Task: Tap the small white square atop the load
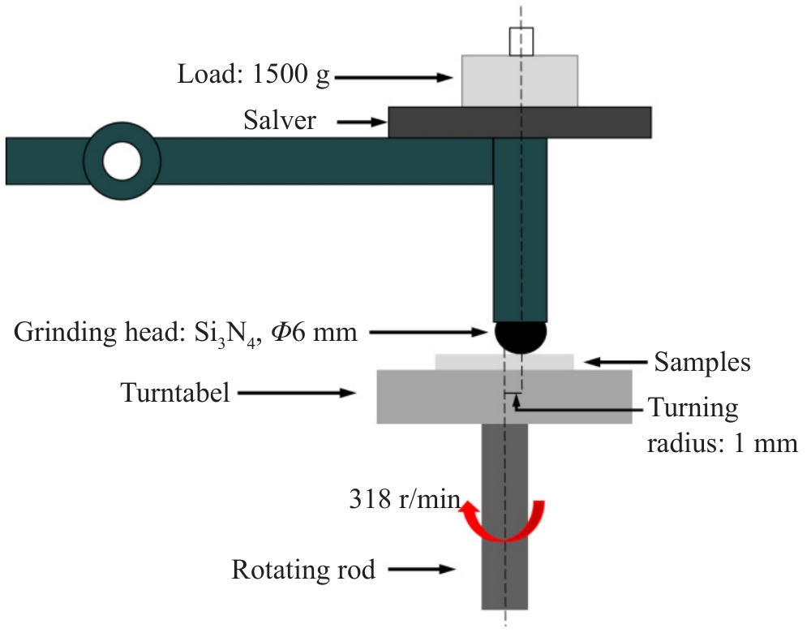pos(520,41)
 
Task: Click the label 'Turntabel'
pos(176,393)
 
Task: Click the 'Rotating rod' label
pos(303,570)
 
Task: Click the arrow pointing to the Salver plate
pos(362,123)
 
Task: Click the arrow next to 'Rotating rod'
pos(418,570)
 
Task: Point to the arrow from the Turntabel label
pos(297,394)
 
